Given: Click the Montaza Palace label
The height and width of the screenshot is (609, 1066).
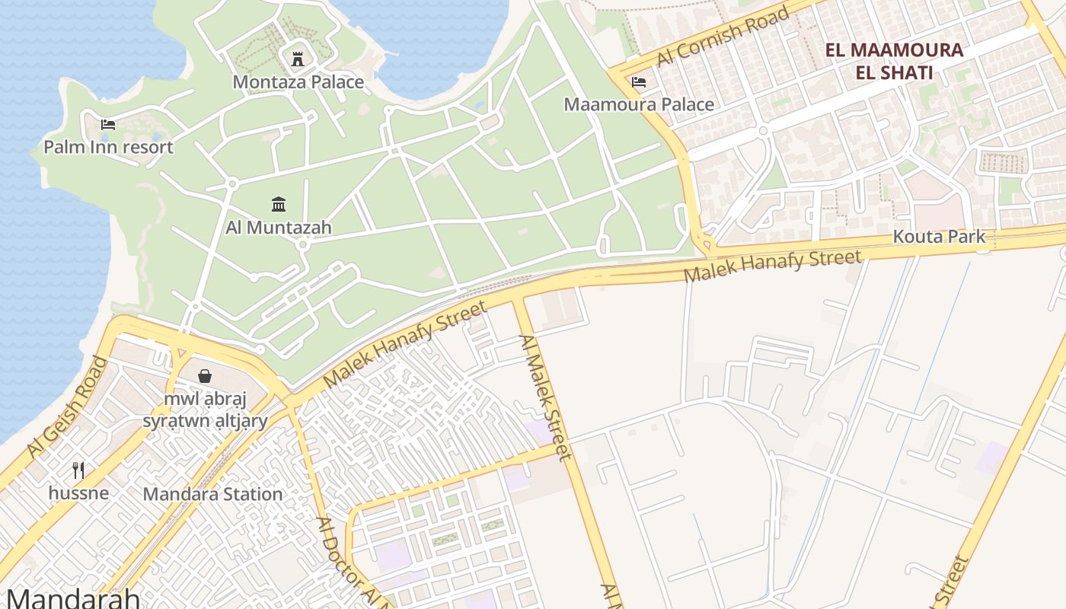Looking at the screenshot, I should point(298,82).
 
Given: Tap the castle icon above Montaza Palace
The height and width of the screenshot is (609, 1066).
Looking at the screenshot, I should point(298,58).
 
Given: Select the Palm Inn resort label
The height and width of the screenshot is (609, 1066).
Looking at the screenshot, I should point(108,147).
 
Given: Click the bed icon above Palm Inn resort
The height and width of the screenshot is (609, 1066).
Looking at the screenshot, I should point(108,124).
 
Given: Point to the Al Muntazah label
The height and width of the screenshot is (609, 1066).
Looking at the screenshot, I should point(279,227).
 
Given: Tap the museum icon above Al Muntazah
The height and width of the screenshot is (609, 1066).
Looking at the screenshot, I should point(279,204).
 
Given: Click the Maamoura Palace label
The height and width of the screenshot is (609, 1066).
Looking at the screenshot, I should point(639,104).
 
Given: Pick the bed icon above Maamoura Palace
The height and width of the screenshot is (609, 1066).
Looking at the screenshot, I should point(639,81).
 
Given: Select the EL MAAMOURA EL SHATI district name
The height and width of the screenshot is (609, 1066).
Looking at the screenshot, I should point(895,62).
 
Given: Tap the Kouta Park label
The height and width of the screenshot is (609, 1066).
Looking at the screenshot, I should point(939,237).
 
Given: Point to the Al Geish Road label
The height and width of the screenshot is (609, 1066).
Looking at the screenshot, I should point(67,407).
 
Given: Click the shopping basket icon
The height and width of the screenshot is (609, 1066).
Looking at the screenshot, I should point(204,376).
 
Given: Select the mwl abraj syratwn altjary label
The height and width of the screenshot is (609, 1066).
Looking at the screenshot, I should point(205,410).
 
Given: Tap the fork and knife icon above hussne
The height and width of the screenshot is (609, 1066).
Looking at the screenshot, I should point(78,470).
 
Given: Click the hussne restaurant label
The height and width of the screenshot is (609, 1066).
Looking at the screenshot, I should point(78,493).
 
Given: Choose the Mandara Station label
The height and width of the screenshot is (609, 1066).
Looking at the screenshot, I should point(213,494).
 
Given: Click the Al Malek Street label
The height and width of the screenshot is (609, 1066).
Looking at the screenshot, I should point(544,397).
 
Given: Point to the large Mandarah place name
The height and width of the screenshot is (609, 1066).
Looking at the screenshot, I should point(73,598).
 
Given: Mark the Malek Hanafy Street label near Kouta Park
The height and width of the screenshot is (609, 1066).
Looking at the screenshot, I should point(773,266).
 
